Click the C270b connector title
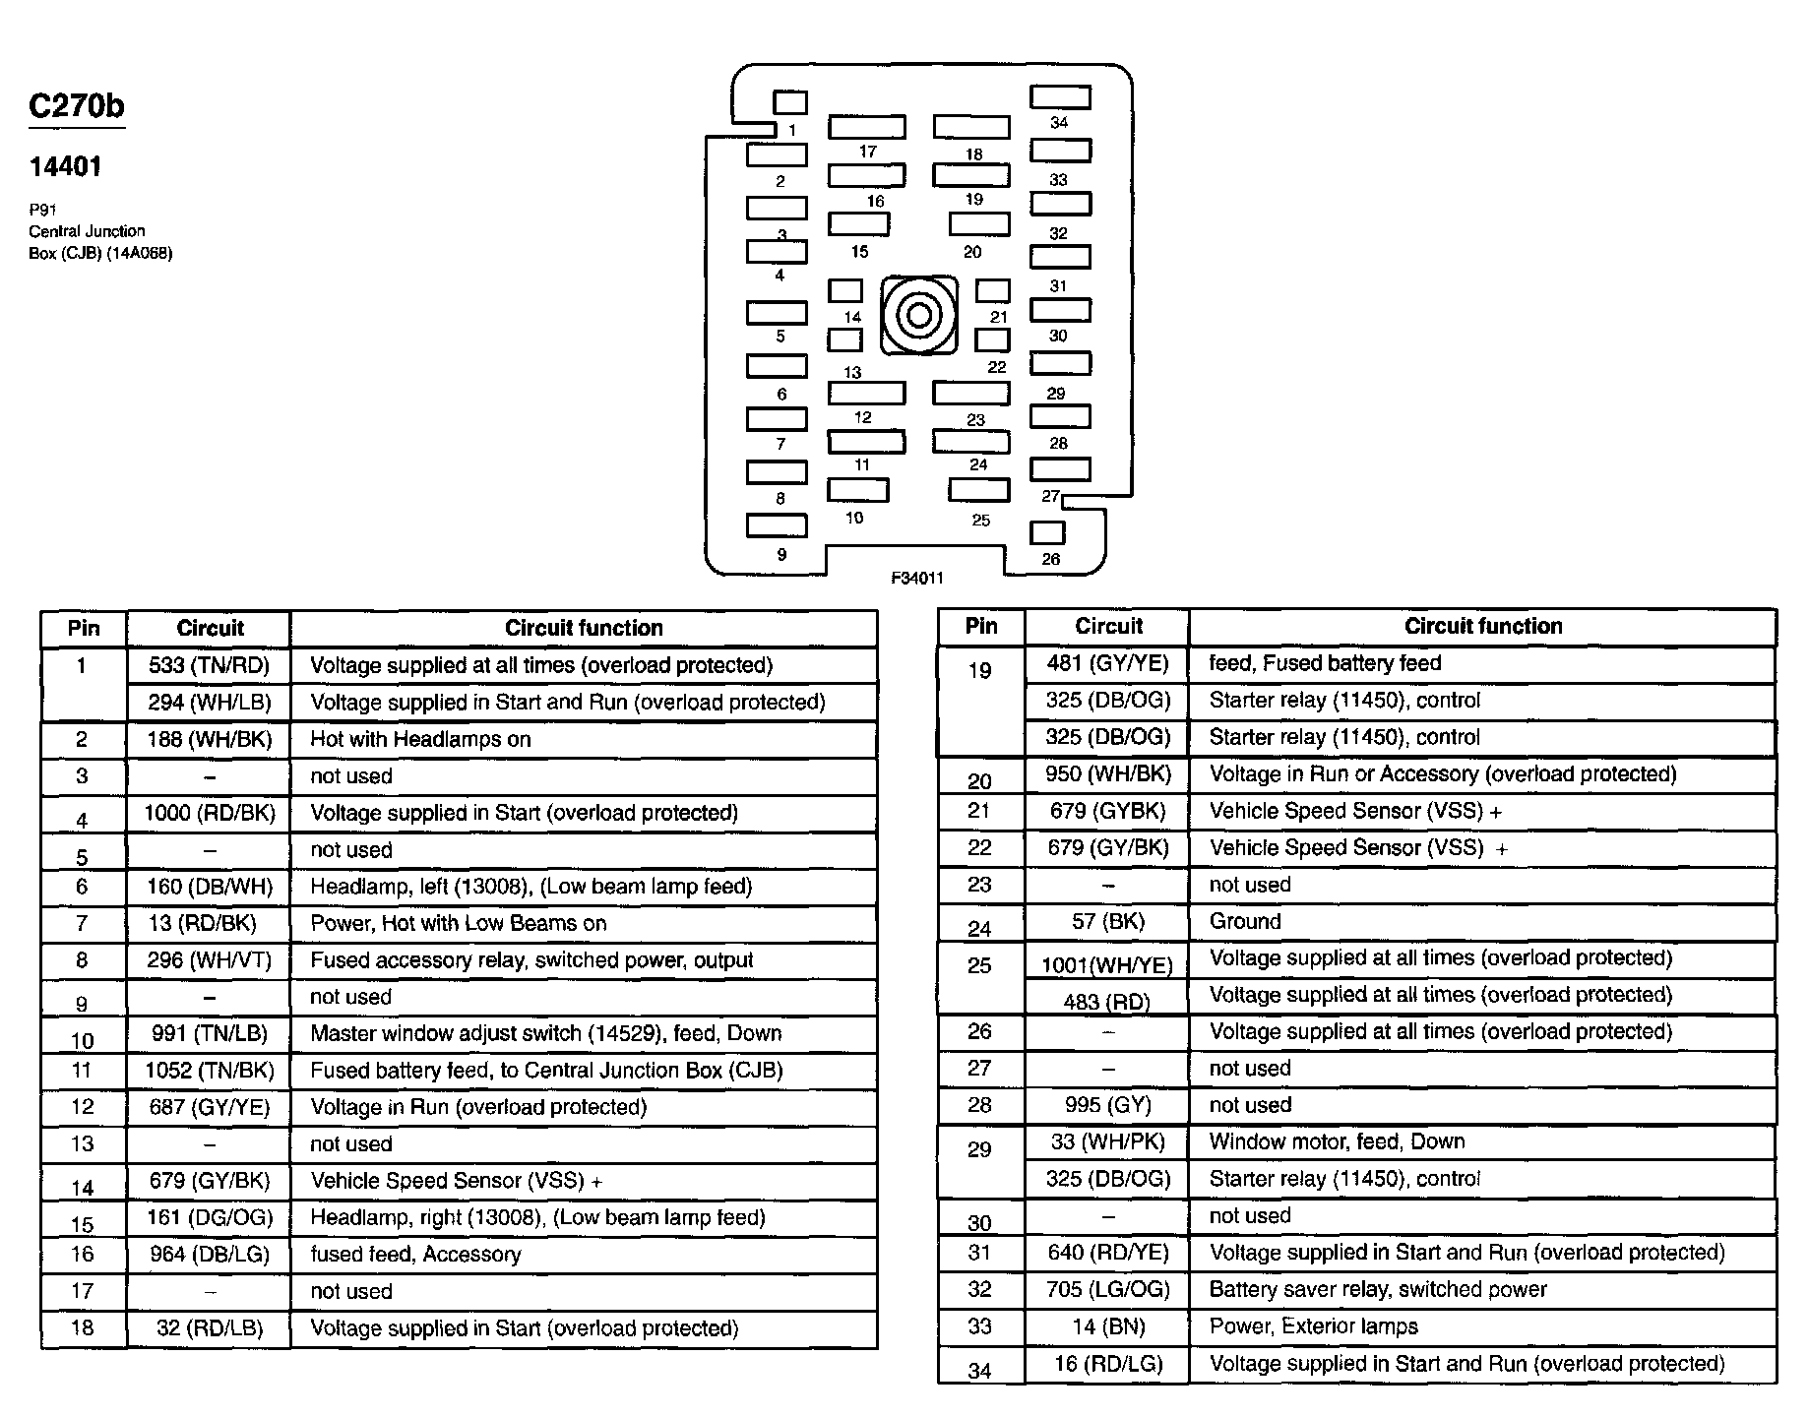(x=77, y=106)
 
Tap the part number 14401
(x=65, y=167)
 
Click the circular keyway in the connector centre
(x=918, y=316)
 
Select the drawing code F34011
(x=916, y=579)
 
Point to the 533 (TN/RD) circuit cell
(x=209, y=665)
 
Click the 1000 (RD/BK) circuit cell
(x=209, y=813)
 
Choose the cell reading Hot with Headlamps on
(x=420, y=739)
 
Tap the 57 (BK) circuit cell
(x=1107, y=921)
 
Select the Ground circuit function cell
(x=1245, y=921)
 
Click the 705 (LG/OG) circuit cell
(x=1107, y=1289)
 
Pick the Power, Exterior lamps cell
(x=1313, y=1326)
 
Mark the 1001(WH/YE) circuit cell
(x=1107, y=965)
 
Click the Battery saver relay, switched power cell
(x=1378, y=1289)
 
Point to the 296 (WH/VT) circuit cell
(x=209, y=960)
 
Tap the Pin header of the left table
(x=84, y=628)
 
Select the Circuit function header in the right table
(x=1482, y=626)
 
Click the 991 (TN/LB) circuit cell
(x=209, y=1033)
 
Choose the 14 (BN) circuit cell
(x=1107, y=1326)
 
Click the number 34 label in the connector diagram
(x=1059, y=123)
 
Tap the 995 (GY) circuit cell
(x=1107, y=1105)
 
